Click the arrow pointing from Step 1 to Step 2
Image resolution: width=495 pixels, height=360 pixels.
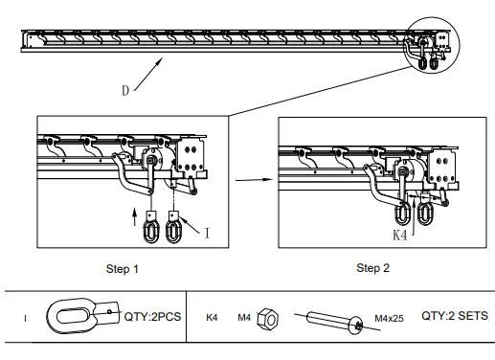point(252,178)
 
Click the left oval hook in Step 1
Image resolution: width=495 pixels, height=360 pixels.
point(152,231)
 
